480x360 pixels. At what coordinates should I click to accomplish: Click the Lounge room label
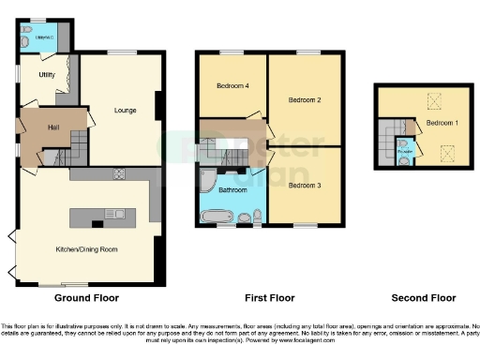pos(125,111)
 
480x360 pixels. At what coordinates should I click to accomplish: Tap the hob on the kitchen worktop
pos(119,173)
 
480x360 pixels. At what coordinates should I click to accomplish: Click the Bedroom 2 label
pos(305,99)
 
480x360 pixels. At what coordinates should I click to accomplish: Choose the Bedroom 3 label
pos(305,186)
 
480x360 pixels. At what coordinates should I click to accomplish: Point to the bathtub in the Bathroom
pos(217,217)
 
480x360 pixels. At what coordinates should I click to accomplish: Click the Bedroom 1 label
pos(442,123)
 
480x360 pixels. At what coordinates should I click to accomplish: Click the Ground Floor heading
pos(86,298)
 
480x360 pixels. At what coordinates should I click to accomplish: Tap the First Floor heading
pos(271,298)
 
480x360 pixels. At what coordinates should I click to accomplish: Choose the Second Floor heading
pos(423,298)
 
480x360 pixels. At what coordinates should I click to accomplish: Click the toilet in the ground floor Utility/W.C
pos(24,41)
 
